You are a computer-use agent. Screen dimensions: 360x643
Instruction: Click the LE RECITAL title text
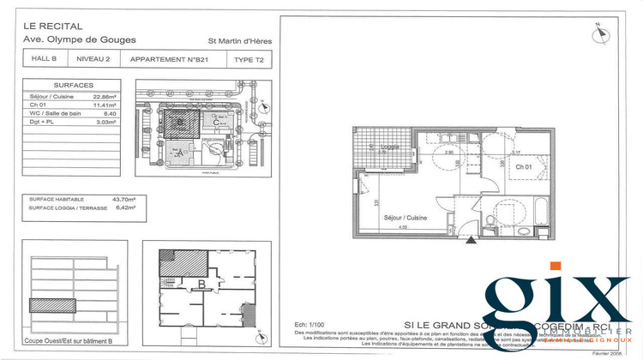point(53,25)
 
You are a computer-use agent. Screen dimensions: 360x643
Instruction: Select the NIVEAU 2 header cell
point(93,59)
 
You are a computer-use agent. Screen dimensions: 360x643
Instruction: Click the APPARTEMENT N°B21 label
point(171,59)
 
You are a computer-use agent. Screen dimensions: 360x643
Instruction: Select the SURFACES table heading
point(74,86)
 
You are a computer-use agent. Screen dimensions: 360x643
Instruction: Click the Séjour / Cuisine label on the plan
point(405,218)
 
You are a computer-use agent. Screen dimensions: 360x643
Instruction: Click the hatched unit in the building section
point(53,303)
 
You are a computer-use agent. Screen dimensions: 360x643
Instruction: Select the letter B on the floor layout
point(201,284)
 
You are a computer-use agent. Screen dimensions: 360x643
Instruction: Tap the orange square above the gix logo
point(556,267)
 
